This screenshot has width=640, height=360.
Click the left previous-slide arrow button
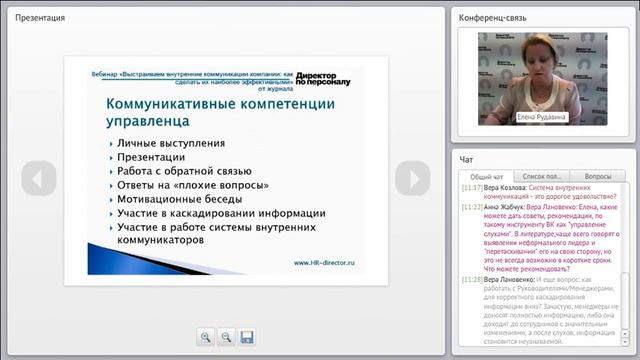(x=38, y=178)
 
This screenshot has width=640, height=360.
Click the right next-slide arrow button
(x=411, y=178)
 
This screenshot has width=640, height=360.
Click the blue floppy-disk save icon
(x=247, y=337)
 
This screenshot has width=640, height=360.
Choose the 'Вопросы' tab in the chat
(x=597, y=175)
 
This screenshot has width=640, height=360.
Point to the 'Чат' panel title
(x=466, y=159)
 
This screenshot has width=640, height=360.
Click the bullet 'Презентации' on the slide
(x=153, y=157)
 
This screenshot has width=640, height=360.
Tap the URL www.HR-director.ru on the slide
(x=324, y=263)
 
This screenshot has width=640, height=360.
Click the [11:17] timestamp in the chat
(x=472, y=187)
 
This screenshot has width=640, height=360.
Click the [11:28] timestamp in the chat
(x=472, y=280)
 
